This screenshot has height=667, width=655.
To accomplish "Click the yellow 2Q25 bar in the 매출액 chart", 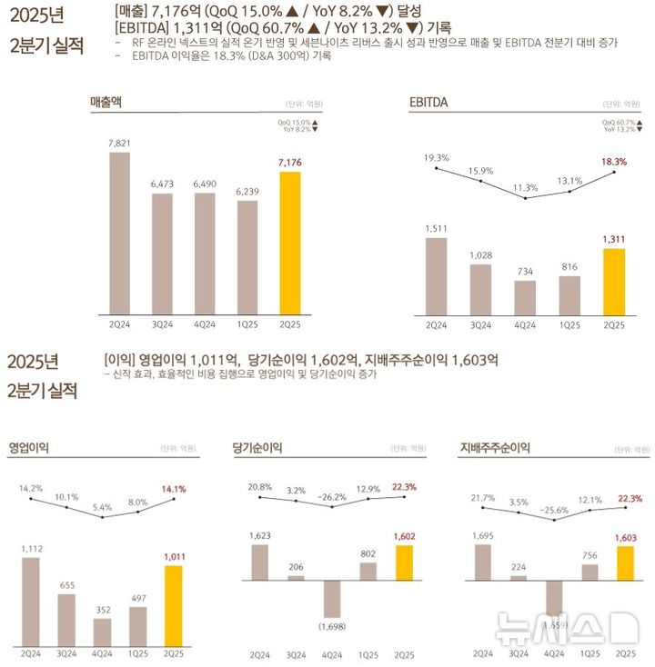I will tap(289, 242).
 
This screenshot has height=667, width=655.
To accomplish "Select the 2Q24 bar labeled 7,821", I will tap(119, 232).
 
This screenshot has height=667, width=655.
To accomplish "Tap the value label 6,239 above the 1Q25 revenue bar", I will tap(247, 192).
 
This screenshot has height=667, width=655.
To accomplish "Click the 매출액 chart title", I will tap(106, 103).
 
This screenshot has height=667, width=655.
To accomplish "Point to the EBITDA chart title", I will tap(430, 103).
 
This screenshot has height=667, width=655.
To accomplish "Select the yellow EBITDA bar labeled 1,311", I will tap(614, 281).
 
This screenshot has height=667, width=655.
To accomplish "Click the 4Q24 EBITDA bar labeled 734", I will tap(525, 296).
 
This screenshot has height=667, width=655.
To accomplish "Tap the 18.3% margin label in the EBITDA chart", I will tap(614, 161).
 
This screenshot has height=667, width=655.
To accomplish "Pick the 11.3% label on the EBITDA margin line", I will tap(525, 187).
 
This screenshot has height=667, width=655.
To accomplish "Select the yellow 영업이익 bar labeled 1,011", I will tap(173, 605).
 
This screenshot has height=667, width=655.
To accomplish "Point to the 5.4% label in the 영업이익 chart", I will tap(102, 507).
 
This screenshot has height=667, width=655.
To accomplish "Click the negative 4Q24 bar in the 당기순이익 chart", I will tap(331, 599).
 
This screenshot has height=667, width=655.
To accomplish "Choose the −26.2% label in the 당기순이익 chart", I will tap(331, 497).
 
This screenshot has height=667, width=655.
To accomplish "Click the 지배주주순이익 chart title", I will tap(495, 448).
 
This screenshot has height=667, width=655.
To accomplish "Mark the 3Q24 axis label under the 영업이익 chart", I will tap(66, 653).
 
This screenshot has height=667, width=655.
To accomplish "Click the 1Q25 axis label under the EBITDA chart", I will tap(569, 324).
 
